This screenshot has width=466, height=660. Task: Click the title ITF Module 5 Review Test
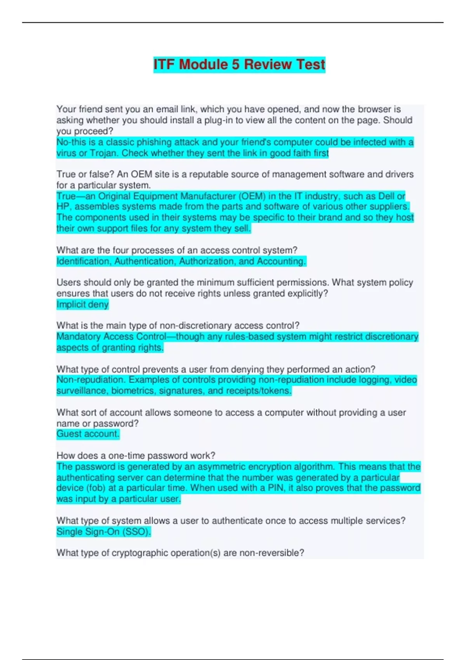click(x=239, y=64)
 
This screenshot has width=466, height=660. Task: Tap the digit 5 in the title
click(x=236, y=64)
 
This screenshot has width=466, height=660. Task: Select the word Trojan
click(x=104, y=153)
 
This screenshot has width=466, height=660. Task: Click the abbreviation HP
click(x=63, y=207)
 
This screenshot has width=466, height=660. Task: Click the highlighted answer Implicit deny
click(x=82, y=304)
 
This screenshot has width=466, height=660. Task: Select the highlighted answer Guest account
click(x=88, y=434)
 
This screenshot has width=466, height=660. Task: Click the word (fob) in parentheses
click(x=92, y=488)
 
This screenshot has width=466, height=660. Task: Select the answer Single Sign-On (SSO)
click(x=103, y=532)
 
